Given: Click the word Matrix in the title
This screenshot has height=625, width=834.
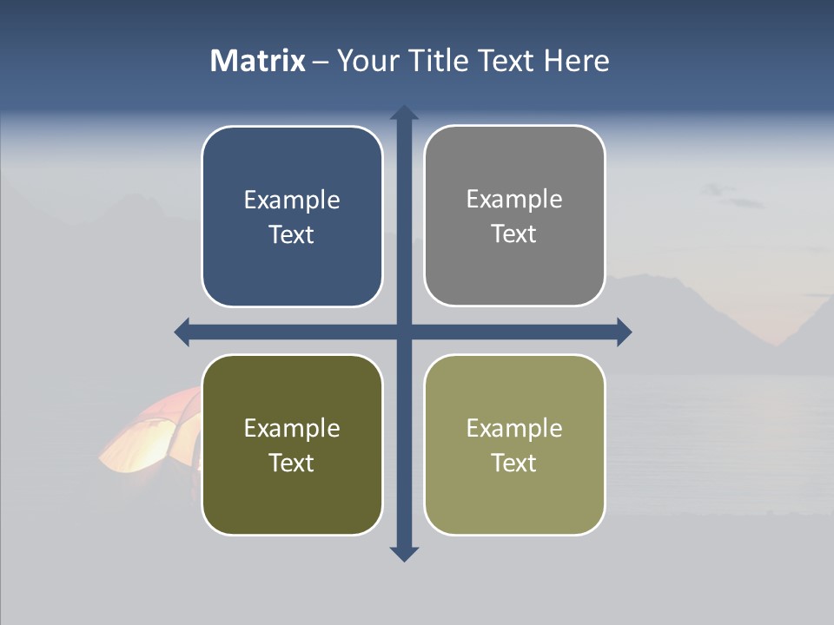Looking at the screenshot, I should click(257, 61).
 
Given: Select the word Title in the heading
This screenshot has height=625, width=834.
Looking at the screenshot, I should click(439, 61).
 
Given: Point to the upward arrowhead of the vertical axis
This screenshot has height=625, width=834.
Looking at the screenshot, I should click(404, 113).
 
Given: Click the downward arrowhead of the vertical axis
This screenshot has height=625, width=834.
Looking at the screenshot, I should click(404, 554).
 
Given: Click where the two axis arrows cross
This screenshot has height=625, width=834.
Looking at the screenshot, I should click(404, 332).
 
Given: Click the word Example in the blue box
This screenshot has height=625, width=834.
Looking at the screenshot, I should click(292, 200).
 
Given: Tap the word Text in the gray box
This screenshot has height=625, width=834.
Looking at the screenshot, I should click(514, 234).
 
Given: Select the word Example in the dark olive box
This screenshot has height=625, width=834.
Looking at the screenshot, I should click(292, 428).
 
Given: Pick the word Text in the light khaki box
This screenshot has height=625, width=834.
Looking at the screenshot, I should click(514, 463).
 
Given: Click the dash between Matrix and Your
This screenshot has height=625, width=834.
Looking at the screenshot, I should click(321, 62).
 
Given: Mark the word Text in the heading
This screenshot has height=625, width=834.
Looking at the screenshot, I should click(508, 61).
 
